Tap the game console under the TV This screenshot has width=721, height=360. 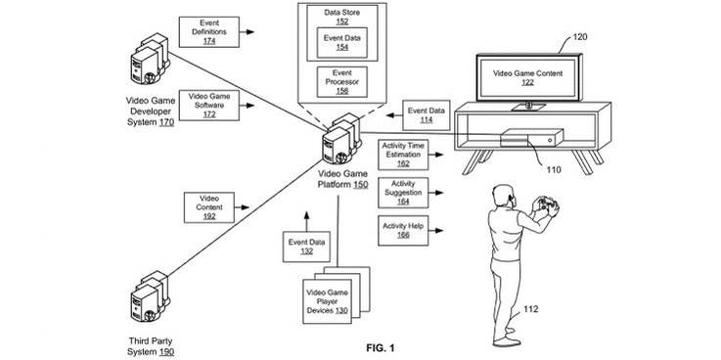(x=529, y=140)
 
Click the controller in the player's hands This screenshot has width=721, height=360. (x=543, y=205)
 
